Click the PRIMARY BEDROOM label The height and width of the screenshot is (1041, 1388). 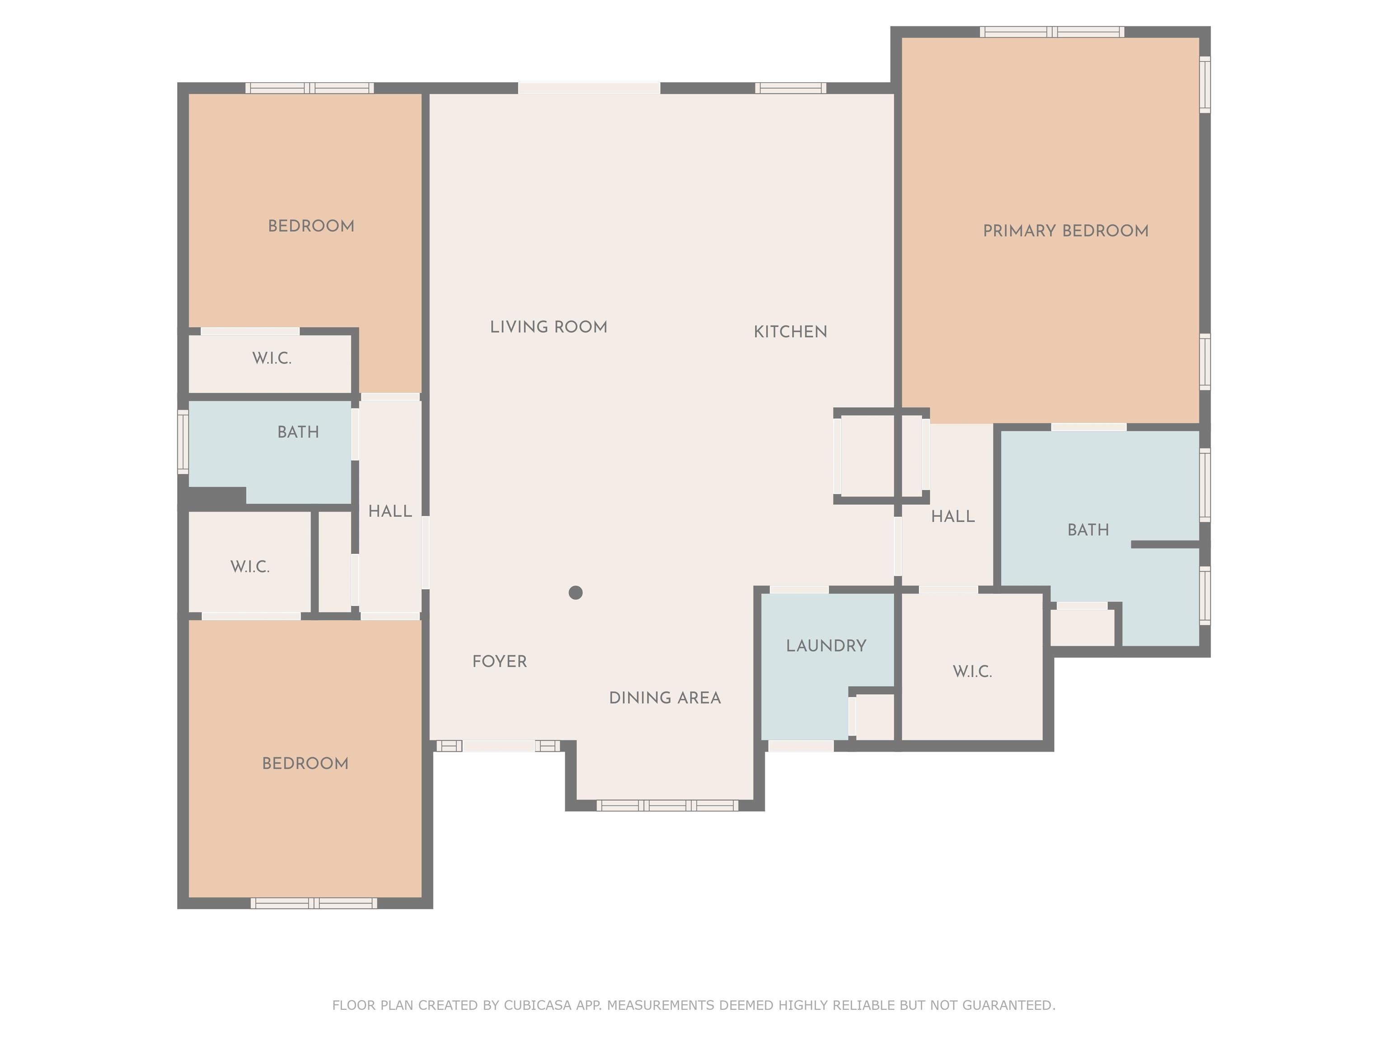tap(1065, 231)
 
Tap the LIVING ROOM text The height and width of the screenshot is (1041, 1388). tap(549, 327)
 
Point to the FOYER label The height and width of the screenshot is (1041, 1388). tap(499, 661)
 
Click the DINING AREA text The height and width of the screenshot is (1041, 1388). tap(665, 698)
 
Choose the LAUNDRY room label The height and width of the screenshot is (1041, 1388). tap(826, 646)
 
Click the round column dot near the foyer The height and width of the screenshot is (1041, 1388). tap(576, 592)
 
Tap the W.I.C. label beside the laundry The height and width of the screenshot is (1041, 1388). tap(972, 671)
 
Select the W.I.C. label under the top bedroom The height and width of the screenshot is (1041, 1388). tap(272, 358)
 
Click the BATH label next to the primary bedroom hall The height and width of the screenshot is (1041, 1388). tap(1088, 530)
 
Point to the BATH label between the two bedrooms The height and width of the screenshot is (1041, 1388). tap(298, 432)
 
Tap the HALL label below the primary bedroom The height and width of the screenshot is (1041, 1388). tap(952, 516)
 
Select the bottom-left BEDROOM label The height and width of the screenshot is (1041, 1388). tap(305, 764)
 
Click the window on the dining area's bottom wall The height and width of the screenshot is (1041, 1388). tap(667, 806)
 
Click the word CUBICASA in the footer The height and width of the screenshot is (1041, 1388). tap(536, 1005)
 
